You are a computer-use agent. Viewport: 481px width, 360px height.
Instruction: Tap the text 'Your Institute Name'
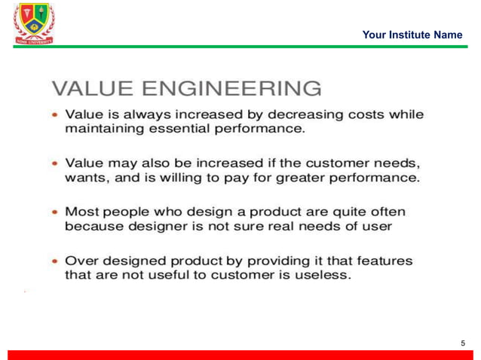pos(412,35)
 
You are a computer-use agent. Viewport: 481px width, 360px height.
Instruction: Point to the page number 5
pos(463,343)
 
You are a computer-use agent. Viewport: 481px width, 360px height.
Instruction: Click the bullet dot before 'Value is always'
pos(55,116)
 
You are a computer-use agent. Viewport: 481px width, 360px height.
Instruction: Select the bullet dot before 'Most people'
pos(55,212)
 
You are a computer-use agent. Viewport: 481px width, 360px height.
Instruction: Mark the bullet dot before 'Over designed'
pos(55,261)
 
